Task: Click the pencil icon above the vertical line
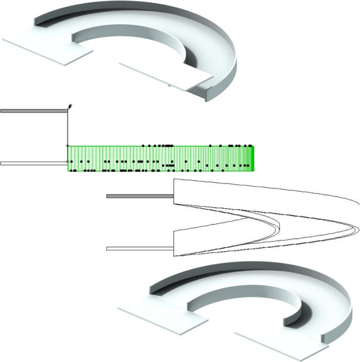[70, 106]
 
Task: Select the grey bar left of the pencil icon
[34, 111]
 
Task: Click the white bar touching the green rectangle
[34, 163]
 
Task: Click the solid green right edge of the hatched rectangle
[254, 159]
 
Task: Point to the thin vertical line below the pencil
[68, 130]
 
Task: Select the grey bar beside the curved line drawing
[140, 196]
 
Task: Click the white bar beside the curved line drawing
[140, 248]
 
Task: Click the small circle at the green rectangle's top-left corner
[68, 146]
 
